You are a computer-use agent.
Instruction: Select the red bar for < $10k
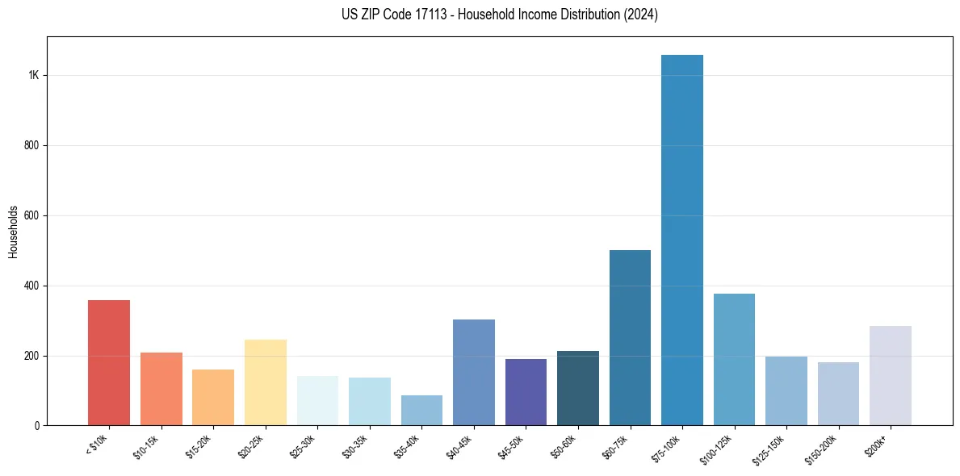click(109, 363)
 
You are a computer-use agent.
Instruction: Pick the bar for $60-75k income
click(630, 338)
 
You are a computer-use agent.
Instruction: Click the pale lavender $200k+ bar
click(891, 376)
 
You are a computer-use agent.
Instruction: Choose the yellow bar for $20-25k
click(266, 382)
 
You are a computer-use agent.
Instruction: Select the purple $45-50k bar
click(526, 392)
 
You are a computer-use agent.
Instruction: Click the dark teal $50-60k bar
click(578, 388)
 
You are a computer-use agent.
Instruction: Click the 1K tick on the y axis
click(34, 75)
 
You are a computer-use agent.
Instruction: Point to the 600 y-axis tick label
click(31, 215)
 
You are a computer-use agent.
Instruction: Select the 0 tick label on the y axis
click(36, 425)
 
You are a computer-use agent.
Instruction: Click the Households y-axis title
click(14, 232)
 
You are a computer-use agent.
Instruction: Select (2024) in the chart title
click(641, 14)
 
